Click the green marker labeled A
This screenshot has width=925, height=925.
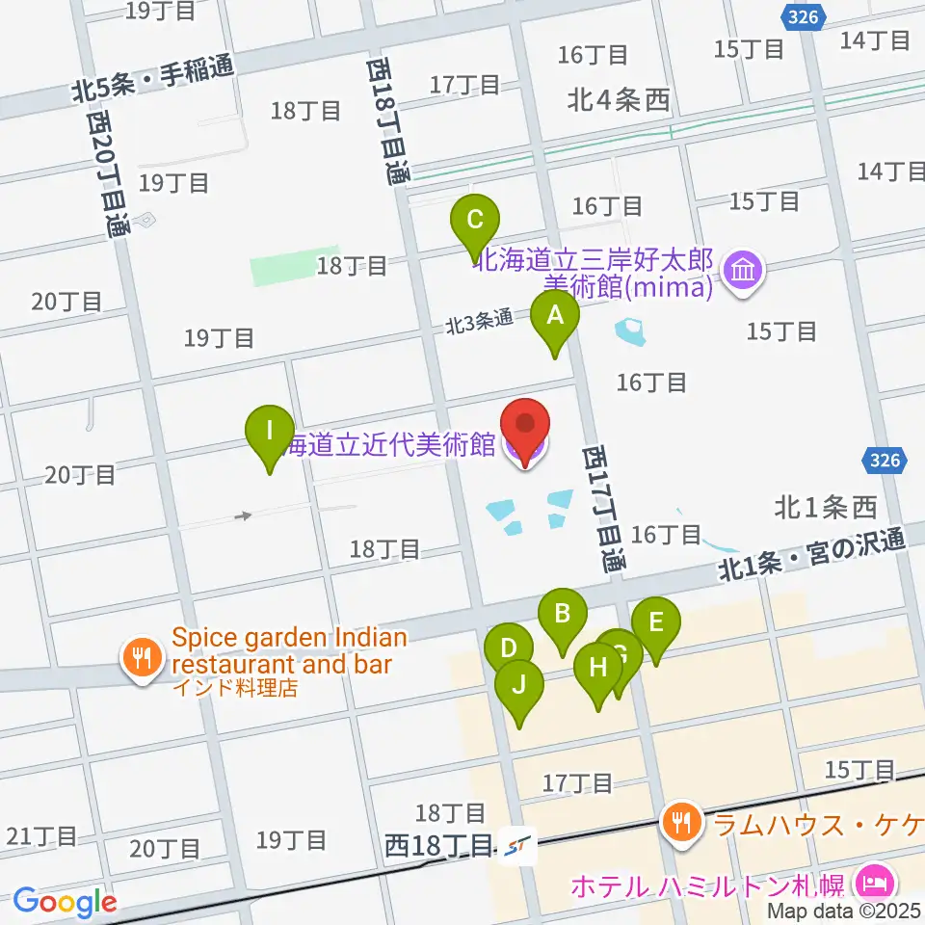(555, 316)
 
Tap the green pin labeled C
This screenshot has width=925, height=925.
(474, 220)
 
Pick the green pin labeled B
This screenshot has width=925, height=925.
(563, 614)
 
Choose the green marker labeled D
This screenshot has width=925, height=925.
(509, 648)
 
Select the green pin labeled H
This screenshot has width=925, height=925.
(598, 667)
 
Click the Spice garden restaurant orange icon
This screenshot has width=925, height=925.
(144, 660)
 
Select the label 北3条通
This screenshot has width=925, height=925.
(479, 324)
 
